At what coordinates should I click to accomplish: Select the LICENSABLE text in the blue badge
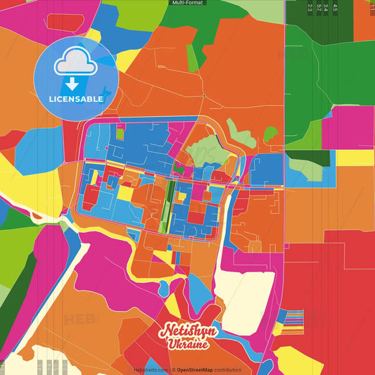(x=76, y=99)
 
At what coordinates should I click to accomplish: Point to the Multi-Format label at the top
(x=187, y=3)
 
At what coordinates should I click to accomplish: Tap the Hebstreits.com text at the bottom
(x=151, y=369)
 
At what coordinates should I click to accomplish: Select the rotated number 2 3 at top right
(x=310, y=8)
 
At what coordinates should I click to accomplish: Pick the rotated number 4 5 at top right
(x=335, y=8)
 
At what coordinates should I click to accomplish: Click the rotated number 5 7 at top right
(x=319, y=8)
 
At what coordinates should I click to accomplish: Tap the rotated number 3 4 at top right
(x=326, y=8)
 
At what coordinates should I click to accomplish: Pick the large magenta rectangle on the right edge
(x=348, y=127)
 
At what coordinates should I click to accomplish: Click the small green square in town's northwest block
(x=120, y=133)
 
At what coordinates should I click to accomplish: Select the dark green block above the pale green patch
(x=317, y=158)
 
